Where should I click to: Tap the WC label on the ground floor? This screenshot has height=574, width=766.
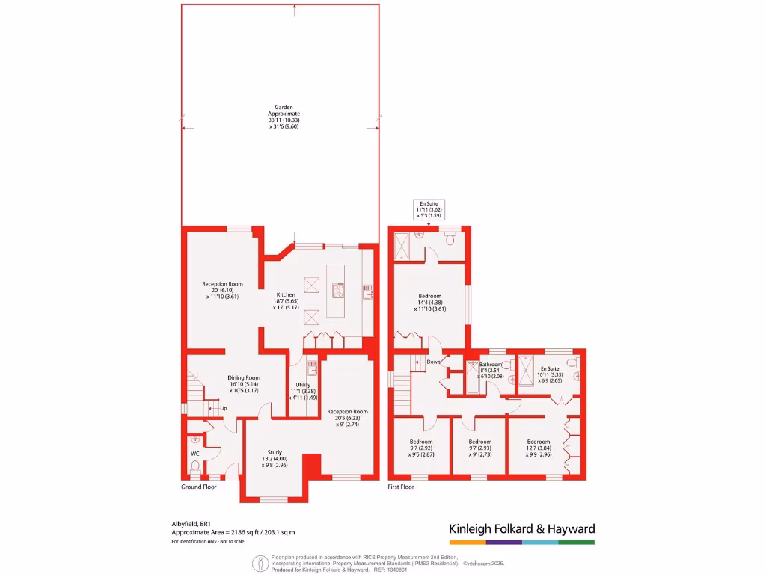pos(195,453)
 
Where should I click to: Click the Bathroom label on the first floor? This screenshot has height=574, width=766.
pos(491,365)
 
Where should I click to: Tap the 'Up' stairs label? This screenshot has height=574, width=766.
pos(223,408)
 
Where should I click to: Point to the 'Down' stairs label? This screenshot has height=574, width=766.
pos(433,362)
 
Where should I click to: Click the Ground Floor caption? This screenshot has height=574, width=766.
pos(199,487)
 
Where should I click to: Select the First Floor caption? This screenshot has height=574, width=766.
pos(401,487)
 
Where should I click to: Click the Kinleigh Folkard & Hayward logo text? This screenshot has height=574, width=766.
pos(521,529)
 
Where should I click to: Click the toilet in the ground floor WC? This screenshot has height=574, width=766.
pos(194,467)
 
